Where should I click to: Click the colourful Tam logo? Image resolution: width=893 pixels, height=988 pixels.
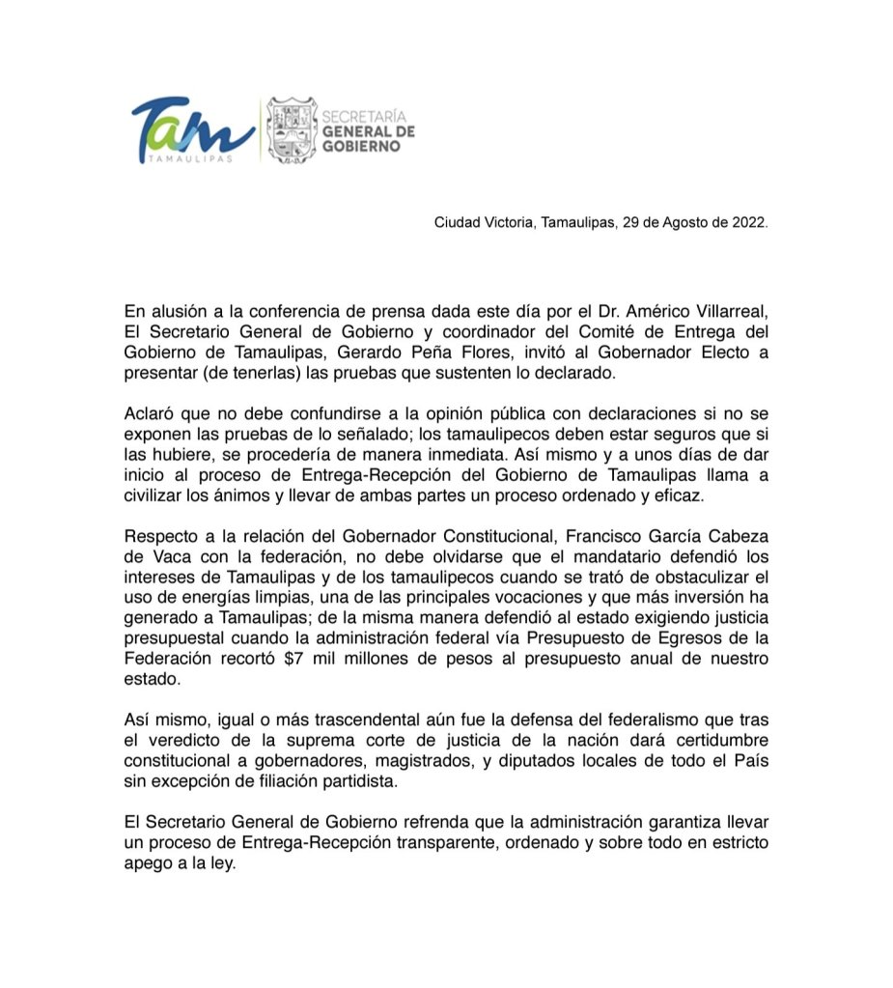click(x=192, y=129)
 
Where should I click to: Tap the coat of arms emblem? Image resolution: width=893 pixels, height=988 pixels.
click(x=292, y=129)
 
